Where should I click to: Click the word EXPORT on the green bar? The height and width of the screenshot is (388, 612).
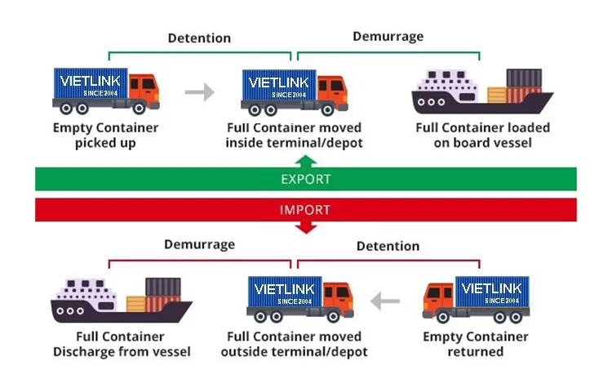(x=305, y=179)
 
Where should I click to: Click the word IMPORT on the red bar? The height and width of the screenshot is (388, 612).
(x=305, y=210)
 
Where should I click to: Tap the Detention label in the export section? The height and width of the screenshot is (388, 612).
(x=199, y=38)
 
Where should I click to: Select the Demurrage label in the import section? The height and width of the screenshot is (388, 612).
(x=199, y=244)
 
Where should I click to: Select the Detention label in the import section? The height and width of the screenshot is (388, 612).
(x=388, y=245)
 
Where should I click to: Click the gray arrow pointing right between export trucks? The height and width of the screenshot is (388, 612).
(x=199, y=92)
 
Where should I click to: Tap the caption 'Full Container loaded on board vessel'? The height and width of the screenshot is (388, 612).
(x=482, y=136)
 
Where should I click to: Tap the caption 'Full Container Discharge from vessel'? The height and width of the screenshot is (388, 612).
(x=122, y=344)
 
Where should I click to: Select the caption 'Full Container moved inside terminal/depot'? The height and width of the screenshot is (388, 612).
(x=294, y=136)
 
